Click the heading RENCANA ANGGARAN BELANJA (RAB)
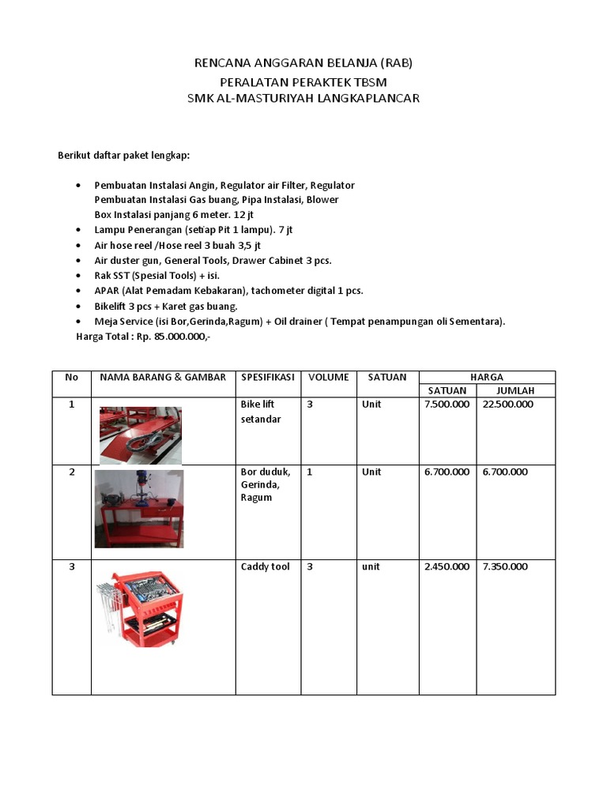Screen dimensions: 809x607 (x=303, y=63)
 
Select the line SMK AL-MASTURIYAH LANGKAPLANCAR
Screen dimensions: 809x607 (x=303, y=99)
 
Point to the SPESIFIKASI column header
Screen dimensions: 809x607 (x=267, y=377)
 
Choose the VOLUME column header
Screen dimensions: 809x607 (x=328, y=377)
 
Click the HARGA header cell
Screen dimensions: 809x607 (x=487, y=377)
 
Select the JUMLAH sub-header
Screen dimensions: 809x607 (x=515, y=390)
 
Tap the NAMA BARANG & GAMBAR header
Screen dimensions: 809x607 (x=163, y=377)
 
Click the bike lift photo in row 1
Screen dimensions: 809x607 (x=140, y=435)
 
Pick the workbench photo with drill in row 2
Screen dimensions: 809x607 (x=139, y=509)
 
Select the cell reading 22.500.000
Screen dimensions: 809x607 (x=507, y=404)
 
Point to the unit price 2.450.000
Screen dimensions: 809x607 (x=447, y=567)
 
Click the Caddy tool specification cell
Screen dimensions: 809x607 (x=265, y=567)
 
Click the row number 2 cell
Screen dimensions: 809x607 (x=72, y=472)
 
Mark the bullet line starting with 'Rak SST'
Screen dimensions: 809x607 (x=156, y=276)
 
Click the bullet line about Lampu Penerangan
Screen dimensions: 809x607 (x=194, y=230)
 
